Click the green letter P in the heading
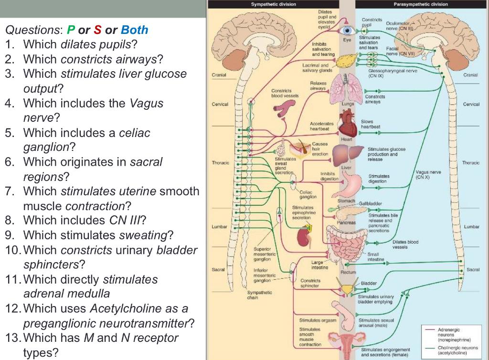click(x=71, y=30)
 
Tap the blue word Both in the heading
click(x=134, y=30)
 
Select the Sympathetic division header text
click(x=274, y=4)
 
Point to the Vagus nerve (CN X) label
click(x=428, y=174)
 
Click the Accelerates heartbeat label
click(x=322, y=126)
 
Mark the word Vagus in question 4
click(x=146, y=103)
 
